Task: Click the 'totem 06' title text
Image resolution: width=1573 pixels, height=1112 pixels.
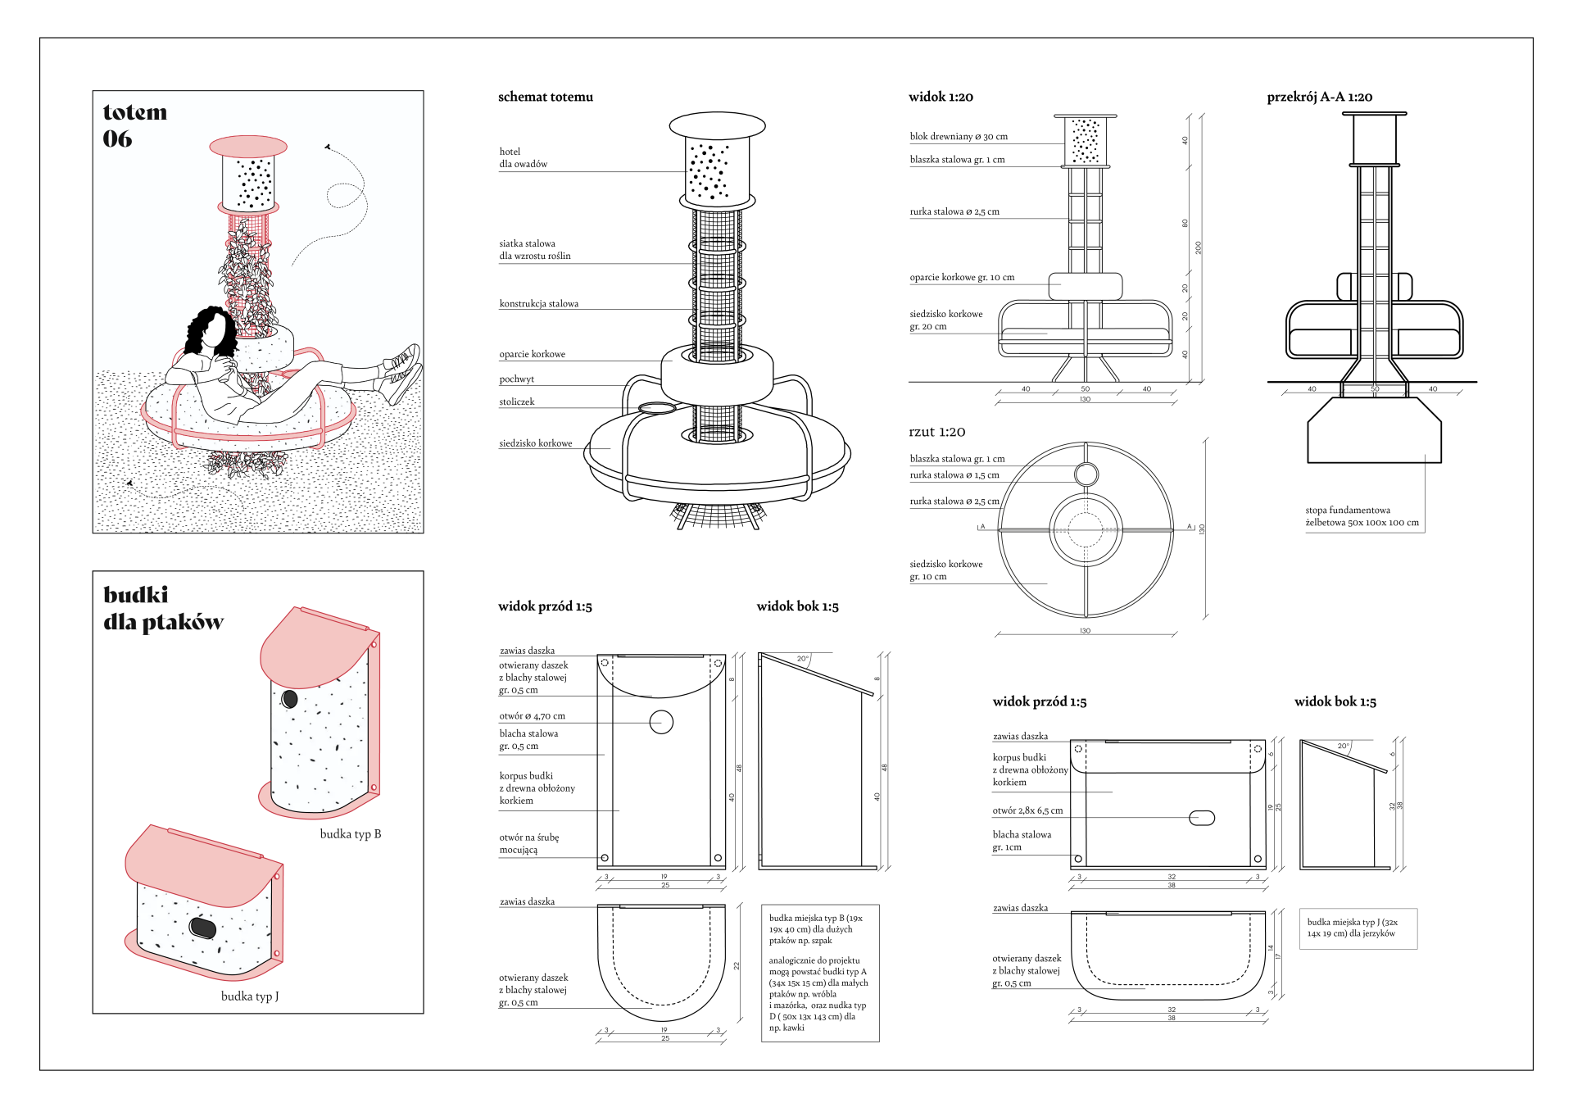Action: point(134,125)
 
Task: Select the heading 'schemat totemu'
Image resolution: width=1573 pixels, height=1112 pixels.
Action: point(545,97)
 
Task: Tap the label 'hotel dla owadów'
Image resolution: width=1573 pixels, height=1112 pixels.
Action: point(523,157)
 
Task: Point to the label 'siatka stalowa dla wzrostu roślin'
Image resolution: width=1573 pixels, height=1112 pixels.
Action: point(534,249)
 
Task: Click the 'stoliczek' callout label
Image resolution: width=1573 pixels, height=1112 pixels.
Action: point(516,402)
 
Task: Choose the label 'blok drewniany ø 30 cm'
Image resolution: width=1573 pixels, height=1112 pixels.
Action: point(958,136)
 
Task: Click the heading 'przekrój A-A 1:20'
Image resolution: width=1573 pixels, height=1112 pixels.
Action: point(1319,97)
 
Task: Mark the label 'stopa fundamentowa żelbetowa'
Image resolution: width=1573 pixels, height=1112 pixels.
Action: point(1361,516)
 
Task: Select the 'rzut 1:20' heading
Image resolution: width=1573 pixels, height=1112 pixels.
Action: point(936,432)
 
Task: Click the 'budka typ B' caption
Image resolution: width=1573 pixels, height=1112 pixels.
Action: point(350,833)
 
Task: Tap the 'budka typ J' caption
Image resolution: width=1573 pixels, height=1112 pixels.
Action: point(249,996)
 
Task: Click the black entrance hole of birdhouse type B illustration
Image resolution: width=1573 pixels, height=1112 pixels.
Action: point(289,699)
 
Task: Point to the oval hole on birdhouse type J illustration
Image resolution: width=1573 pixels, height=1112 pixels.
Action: point(202,928)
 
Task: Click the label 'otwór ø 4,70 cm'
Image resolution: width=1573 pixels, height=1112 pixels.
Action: point(532,715)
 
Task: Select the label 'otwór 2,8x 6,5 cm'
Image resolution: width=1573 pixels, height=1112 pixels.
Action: point(1027,810)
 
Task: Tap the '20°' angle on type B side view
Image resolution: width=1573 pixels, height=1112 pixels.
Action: point(802,659)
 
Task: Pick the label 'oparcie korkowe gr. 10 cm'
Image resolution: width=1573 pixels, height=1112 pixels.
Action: point(961,277)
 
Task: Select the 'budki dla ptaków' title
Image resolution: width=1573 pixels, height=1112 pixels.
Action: point(162,608)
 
